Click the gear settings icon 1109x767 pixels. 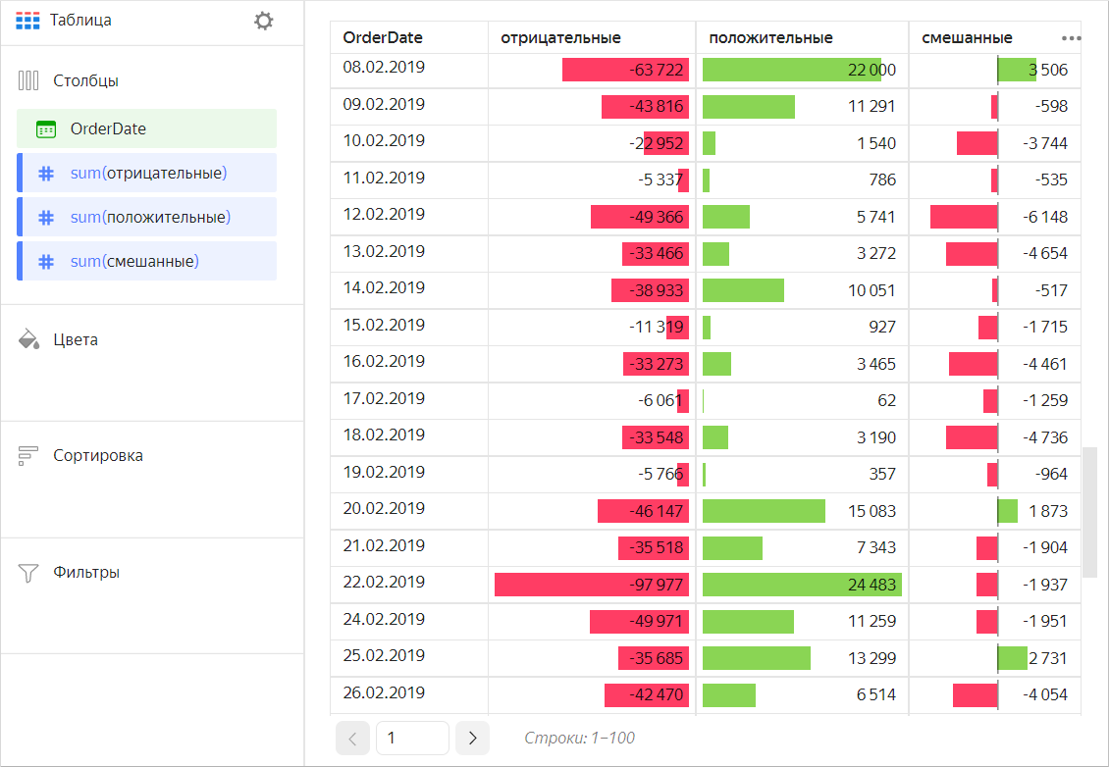pyautogui.click(x=263, y=21)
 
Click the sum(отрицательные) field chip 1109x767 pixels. pyautogui.click(x=146, y=173)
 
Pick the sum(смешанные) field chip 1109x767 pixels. pyautogui.click(x=146, y=261)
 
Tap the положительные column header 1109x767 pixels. pyautogui.click(x=770, y=38)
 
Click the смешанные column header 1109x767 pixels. pyautogui.click(x=967, y=38)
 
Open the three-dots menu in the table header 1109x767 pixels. pyautogui.click(x=1071, y=38)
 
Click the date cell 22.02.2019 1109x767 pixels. pyautogui.click(x=384, y=583)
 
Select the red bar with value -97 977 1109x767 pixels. pyautogui.click(x=592, y=585)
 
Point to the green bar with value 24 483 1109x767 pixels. pyautogui.click(x=802, y=585)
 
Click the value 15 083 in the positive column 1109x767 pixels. pyautogui.click(x=871, y=511)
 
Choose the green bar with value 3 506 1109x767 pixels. pyautogui.click(x=1017, y=70)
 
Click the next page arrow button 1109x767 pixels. pyautogui.click(x=472, y=738)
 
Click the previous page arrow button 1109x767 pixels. pyautogui.click(x=353, y=738)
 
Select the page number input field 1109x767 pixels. pyautogui.click(x=412, y=738)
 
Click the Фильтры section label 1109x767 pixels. pyautogui.click(x=86, y=572)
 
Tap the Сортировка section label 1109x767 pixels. pyautogui.click(x=98, y=455)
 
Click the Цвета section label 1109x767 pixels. pyautogui.click(x=76, y=340)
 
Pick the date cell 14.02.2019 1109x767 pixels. pyautogui.click(x=384, y=288)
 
